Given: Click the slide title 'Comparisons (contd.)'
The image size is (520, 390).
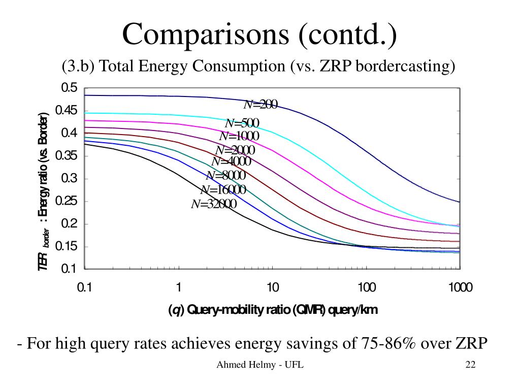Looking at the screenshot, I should tap(259, 35).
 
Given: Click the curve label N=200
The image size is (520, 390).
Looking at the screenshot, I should tap(261, 105).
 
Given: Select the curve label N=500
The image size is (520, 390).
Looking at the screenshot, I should tap(242, 123).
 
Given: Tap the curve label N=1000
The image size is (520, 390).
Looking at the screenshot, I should tap(239, 137).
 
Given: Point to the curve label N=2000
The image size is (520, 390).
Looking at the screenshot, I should tap(235, 150).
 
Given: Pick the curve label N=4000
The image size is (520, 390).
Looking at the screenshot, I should tap(231, 161).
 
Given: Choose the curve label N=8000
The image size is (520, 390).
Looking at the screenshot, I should tap(226, 176).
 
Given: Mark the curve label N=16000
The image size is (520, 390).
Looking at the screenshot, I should tap(223, 190).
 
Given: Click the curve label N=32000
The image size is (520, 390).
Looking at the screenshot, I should tap(214, 204).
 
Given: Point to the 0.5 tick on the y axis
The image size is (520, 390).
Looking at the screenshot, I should tap(70, 88).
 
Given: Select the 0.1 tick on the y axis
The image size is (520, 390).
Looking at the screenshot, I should tap(70, 269).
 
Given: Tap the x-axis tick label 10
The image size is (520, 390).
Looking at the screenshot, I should tap(273, 288).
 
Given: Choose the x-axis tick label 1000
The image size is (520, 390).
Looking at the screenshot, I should tap(460, 288).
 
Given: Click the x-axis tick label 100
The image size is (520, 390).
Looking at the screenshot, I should tap(366, 288).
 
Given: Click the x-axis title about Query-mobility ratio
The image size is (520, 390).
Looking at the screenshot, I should tap(273, 310).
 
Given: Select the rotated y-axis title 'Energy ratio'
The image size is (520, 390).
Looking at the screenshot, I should tap(45, 168).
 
